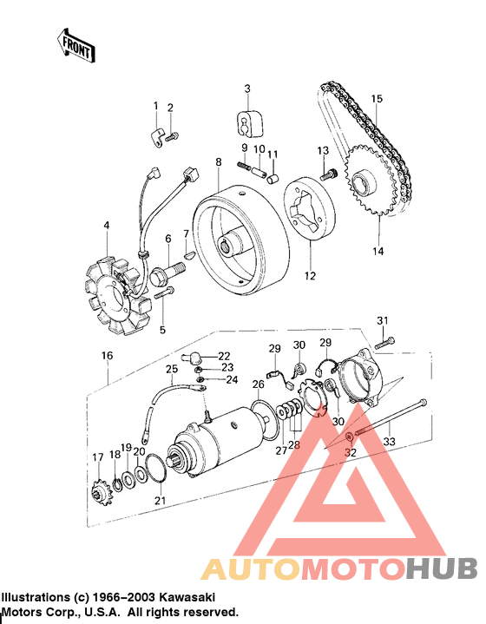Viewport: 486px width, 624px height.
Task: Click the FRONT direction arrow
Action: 75,46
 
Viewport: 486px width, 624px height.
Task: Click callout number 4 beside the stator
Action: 106,227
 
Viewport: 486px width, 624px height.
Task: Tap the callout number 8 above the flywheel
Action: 219,162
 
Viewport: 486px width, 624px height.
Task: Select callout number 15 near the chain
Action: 377,99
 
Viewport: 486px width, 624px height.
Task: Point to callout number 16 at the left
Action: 107,356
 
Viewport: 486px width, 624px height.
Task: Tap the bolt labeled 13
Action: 326,174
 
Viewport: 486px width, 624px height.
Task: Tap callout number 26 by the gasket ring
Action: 259,384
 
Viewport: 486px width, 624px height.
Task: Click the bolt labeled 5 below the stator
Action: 166,296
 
